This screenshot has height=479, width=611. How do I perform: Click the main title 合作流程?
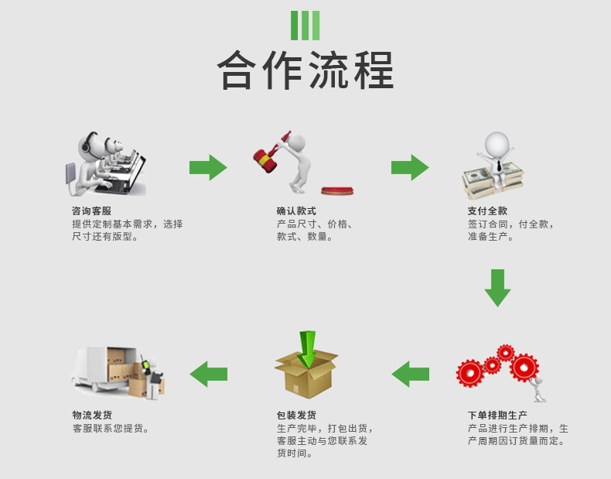[305, 71]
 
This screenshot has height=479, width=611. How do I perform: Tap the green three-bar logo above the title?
[305, 26]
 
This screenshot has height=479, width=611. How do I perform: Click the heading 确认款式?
[296, 210]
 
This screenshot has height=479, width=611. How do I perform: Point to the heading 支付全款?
[487, 210]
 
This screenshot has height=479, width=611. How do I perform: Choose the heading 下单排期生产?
[497, 416]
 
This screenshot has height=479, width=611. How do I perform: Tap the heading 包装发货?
[296, 416]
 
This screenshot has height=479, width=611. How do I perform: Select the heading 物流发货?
[92, 416]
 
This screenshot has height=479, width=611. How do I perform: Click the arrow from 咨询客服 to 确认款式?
[208, 167]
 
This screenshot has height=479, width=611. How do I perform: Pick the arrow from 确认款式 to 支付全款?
[410, 167]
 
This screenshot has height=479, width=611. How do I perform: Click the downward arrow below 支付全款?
[497, 287]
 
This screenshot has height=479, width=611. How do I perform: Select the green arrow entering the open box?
[308, 347]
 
